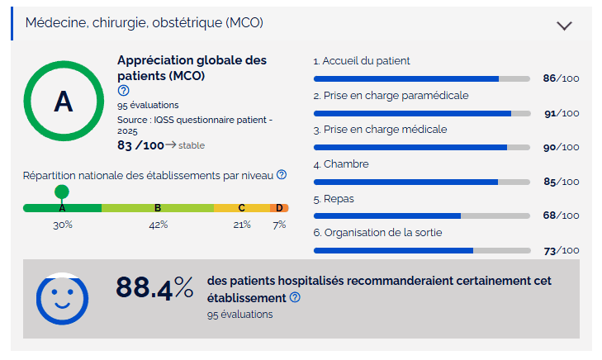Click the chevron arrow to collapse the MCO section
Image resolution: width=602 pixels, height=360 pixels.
click(565, 25)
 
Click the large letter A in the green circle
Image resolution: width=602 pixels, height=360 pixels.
click(63, 101)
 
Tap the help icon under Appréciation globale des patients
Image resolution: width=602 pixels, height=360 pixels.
click(124, 91)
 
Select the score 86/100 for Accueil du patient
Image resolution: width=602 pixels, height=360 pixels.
click(561, 78)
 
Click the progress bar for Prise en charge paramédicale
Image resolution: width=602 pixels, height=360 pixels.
click(421, 113)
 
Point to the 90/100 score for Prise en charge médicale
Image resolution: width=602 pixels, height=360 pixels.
click(561, 147)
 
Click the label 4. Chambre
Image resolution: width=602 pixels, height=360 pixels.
click(341, 164)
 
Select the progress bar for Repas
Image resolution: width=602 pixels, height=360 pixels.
click(421, 216)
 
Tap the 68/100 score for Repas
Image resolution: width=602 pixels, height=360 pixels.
click(561, 216)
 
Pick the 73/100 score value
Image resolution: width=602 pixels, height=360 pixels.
click(561, 250)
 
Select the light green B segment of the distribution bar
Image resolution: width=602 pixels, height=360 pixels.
click(158, 208)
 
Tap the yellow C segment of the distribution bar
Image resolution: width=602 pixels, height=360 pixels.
click(242, 208)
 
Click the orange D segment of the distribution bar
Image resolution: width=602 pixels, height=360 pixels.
click(279, 208)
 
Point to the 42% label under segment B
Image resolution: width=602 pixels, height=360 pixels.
click(158, 225)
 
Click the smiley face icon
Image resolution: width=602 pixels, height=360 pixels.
click(62, 298)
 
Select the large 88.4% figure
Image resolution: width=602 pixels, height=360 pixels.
click(154, 287)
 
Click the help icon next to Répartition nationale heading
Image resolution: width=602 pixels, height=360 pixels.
click(282, 175)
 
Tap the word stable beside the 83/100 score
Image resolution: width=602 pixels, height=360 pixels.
click(192, 145)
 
